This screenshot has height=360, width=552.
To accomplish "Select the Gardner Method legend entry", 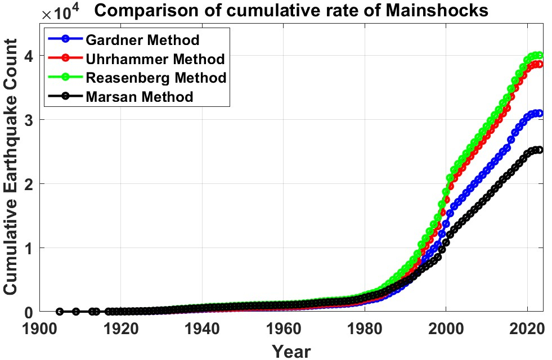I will (142, 40).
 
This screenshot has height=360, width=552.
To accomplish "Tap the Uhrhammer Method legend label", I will (155, 58).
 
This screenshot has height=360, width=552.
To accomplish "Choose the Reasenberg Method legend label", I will (156, 77).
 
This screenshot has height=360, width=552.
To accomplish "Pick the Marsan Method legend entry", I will (140, 96).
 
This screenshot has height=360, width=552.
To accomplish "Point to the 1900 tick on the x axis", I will (39, 327).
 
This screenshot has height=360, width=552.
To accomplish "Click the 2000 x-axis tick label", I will (446, 327).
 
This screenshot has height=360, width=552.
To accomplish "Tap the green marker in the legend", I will (66, 77).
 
